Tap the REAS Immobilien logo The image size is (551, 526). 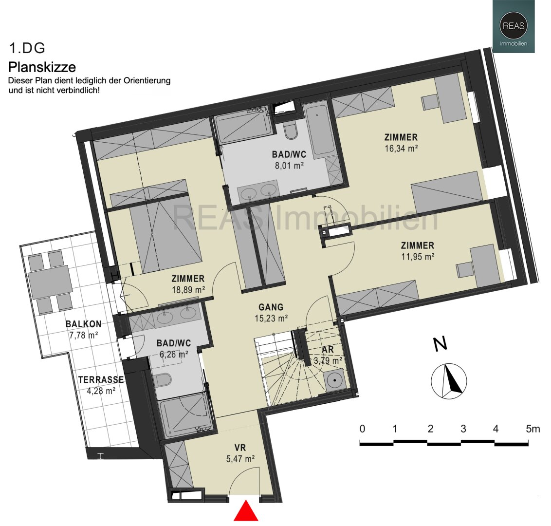pyautogui.click(x=514, y=26)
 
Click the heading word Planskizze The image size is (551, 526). pyautogui.click(x=42, y=67)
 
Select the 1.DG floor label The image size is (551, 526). pyautogui.click(x=27, y=48)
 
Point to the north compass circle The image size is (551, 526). pyautogui.click(x=449, y=381)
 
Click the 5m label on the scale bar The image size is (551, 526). pyautogui.click(x=533, y=429)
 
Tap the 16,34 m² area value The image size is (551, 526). pyautogui.click(x=401, y=149)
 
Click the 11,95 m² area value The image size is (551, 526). pyautogui.click(x=418, y=257)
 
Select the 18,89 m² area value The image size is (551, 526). pyautogui.click(x=188, y=290)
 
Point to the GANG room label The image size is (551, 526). pyautogui.click(x=271, y=307)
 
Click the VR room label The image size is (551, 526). pyautogui.click(x=240, y=448)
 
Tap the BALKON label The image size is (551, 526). pyautogui.click(x=84, y=324)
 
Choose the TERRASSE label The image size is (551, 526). pyautogui.click(x=101, y=380)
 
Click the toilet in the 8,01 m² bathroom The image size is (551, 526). pyautogui.click(x=291, y=132)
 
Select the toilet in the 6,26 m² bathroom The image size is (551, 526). pyautogui.click(x=163, y=380)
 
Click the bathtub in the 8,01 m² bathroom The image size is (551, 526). pyautogui.click(x=319, y=129)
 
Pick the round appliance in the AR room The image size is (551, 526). pyautogui.click(x=334, y=380)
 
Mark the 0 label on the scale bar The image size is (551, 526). pyautogui.click(x=362, y=429)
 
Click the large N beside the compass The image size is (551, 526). pyautogui.click(x=440, y=344)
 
